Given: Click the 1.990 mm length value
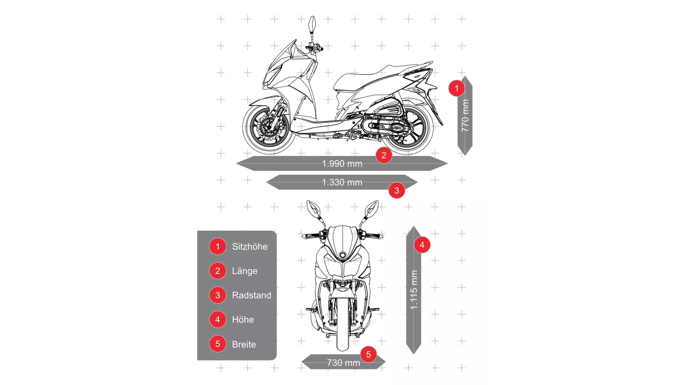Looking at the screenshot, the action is tap(342, 164).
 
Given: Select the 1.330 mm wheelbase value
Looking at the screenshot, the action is tap(342, 182).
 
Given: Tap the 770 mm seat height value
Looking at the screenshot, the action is tap(465, 116).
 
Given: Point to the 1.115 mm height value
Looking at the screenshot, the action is tap(414, 290).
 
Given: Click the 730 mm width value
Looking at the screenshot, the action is tap(343, 363).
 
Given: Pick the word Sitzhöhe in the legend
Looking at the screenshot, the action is tap(250, 247).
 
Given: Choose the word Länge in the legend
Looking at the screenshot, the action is tap(244, 271).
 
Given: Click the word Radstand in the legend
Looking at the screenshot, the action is tap(251, 295).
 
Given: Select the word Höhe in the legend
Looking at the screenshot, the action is tap(243, 319).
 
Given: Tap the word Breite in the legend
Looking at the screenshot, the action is tap(244, 344).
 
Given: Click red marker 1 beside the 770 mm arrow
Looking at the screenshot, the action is tap(456, 88).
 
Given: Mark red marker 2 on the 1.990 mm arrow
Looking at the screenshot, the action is tap(384, 155).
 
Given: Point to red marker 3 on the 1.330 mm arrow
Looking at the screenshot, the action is tap(396, 190).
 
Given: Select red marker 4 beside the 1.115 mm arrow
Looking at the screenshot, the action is tap(422, 245).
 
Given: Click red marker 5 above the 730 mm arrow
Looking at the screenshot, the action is tap(368, 354).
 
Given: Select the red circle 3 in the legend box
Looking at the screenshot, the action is tap(218, 295).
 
